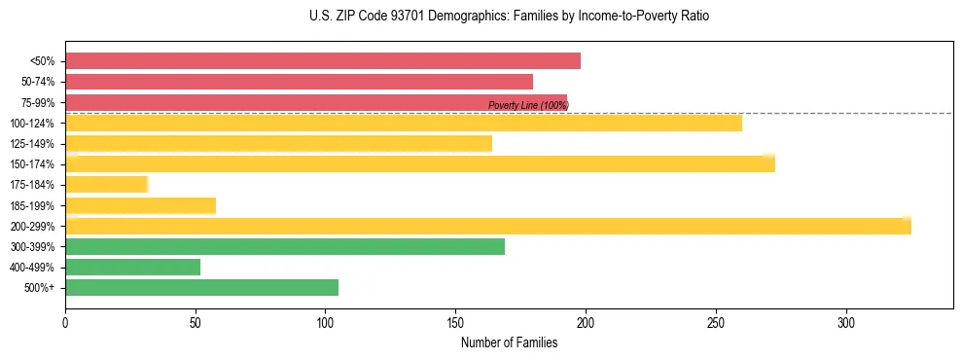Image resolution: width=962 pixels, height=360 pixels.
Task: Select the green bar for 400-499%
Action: coord(132,267)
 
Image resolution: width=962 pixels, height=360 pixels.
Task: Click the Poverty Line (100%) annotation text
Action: coord(528,105)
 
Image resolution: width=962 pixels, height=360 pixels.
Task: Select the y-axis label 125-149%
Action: coord(33,144)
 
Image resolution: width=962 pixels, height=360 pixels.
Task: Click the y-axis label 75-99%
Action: coord(37,102)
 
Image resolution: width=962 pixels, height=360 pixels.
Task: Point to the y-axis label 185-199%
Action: coord(33,205)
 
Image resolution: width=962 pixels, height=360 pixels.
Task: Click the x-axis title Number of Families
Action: coord(509,342)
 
